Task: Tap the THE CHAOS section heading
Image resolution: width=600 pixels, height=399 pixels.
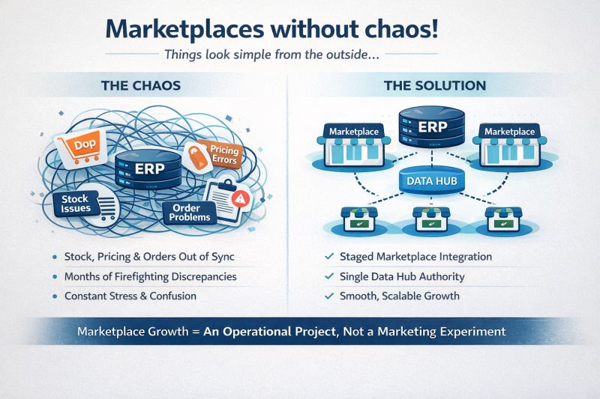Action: (140, 85)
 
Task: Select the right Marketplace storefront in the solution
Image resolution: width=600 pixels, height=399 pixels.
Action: (509, 144)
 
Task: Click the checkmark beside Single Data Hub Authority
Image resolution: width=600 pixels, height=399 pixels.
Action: (328, 277)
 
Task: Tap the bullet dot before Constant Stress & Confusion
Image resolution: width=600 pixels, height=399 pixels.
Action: (55, 296)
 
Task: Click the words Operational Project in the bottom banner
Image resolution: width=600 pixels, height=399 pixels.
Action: (287, 330)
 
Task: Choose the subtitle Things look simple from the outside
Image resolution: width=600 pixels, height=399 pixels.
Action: (300, 55)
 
